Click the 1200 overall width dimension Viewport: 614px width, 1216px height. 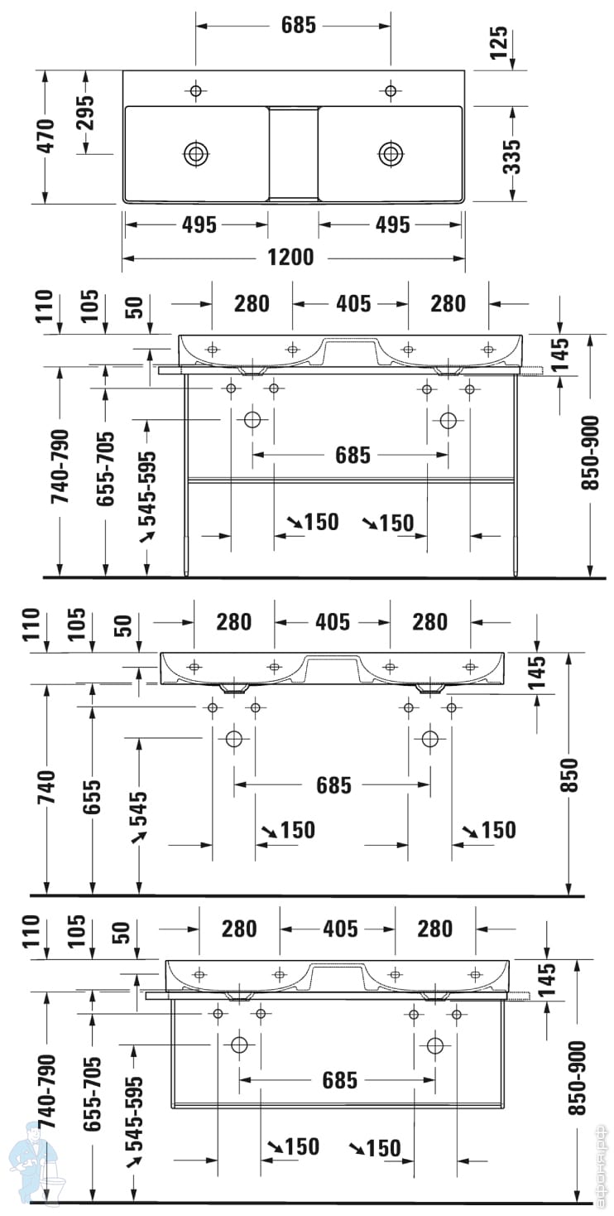coord(291,258)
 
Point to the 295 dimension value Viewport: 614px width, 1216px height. coord(86,113)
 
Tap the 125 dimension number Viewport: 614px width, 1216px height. coord(498,44)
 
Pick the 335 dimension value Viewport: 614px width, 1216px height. coord(513,156)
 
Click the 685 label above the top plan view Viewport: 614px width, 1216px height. coord(298,26)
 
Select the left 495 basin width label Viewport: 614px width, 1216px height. coord(197,224)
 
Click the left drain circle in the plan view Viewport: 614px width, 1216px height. coord(196,153)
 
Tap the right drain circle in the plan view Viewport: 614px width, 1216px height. coord(391,153)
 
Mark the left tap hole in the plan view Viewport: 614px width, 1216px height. coord(196,90)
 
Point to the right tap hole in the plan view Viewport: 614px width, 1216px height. coord(391,90)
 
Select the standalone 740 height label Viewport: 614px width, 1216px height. coord(46,789)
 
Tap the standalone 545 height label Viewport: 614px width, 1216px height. coord(137,808)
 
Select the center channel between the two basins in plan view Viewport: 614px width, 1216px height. coord(293,152)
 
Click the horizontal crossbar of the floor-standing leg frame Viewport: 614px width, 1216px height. coord(352,479)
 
